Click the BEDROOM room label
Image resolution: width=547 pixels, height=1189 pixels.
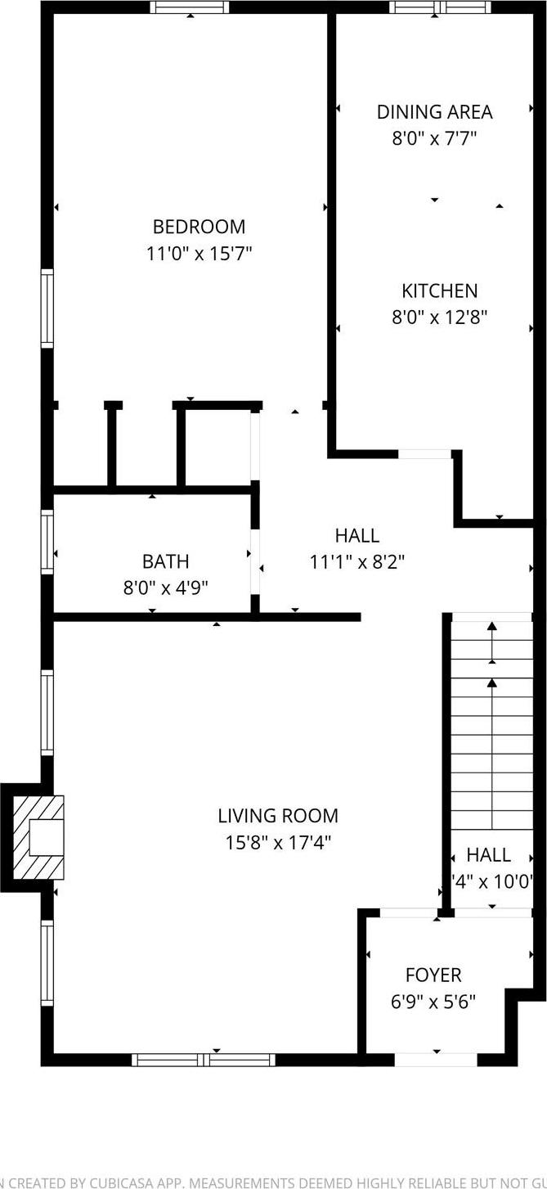coord(199,227)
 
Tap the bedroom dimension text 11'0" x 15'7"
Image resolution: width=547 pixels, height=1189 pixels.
coord(199,254)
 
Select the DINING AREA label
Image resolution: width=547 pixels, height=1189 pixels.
coord(434,111)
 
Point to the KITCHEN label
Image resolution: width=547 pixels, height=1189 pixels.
coord(439,290)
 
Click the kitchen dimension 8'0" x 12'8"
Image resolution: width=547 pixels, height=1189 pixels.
coord(439,317)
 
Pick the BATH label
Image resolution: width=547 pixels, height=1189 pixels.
coord(165,561)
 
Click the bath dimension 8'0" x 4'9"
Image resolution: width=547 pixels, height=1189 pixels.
coord(165,588)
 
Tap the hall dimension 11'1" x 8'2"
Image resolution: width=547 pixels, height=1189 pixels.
coord(357,562)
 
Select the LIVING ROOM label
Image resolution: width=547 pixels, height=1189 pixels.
coord(278,816)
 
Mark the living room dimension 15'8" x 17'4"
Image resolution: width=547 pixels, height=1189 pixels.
coord(278,842)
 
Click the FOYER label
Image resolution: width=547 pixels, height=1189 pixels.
coord(433,975)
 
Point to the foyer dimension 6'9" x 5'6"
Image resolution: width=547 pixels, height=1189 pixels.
coord(433,1001)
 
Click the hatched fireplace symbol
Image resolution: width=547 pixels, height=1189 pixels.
coord(36,837)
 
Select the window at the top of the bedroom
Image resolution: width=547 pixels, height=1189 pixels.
coord(190,7)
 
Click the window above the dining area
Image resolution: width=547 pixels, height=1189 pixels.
coord(441,7)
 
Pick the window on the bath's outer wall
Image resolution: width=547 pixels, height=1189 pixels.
coord(47,541)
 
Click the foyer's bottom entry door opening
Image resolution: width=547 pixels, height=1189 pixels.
coord(436,1060)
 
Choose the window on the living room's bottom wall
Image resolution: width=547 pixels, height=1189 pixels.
coord(204,1060)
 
